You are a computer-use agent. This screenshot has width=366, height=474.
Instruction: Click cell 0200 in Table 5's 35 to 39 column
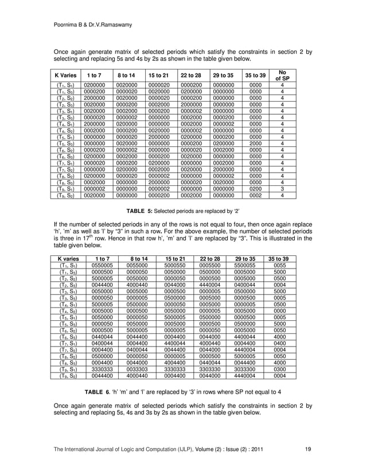(255, 188)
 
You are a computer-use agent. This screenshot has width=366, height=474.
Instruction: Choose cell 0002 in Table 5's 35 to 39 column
(255, 195)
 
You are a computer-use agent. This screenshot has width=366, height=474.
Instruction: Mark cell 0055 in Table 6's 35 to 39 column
(279, 266)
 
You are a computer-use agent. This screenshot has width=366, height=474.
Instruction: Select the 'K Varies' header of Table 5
(67, 75)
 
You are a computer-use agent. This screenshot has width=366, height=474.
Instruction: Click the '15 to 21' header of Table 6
(174, 259)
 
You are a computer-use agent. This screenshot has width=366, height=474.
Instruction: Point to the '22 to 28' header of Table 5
(190, 75)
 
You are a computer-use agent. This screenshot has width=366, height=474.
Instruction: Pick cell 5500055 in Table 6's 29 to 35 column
(244, 266)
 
